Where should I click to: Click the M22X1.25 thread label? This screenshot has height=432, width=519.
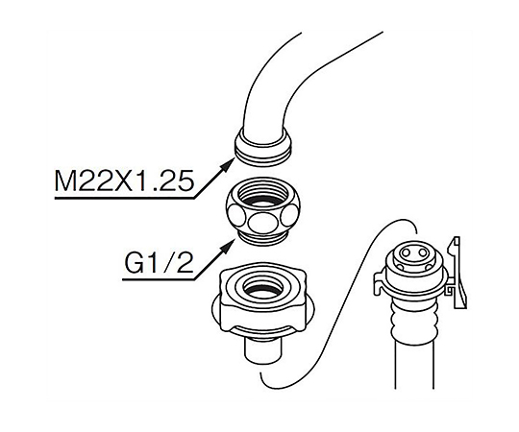click(x=123, y=181)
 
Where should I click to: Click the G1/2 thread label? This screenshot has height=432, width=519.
click(x=159, y=264)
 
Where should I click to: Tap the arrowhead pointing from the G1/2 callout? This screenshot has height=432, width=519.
click(x=229, y=247)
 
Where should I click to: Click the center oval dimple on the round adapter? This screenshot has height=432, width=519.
click(x=262, y=222)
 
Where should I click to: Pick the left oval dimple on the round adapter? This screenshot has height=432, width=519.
click(x=235, y=215)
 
